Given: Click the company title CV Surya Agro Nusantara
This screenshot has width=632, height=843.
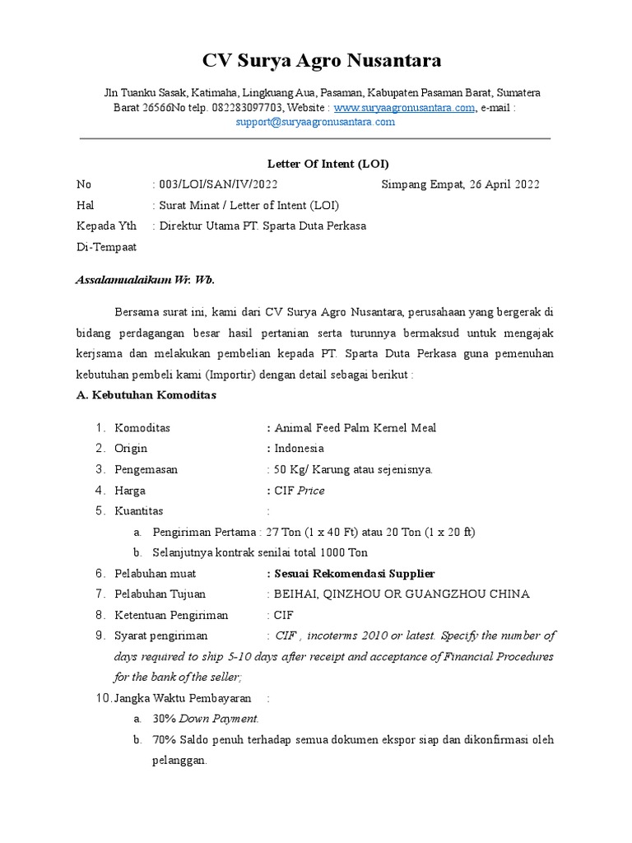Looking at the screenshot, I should tap(322, 61).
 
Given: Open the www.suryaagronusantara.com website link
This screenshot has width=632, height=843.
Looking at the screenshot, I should tap(404, 108).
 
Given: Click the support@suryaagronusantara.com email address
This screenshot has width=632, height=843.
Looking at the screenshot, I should tap(315, 122).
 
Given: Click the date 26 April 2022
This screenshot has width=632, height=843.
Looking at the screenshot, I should tap(504, 184).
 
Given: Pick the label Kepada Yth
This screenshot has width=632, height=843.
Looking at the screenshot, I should tap(107, 226).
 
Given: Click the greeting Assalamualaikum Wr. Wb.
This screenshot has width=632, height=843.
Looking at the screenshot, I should tap(145, 280).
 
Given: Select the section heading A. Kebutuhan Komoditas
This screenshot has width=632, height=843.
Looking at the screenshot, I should tap(146, 395).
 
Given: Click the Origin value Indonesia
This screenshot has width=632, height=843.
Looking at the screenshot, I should tap(299, 449).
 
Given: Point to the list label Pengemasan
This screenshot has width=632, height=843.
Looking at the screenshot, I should tap(146, 469).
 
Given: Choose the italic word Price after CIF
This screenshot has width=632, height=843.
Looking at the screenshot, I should tap(311, 491).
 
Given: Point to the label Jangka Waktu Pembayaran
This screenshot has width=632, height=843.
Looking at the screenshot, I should tap(182, 698).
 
